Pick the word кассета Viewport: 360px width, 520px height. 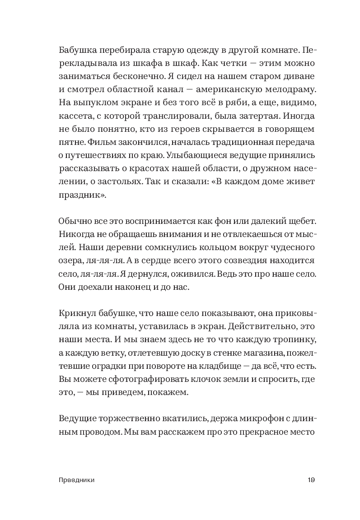pyautogui.click(x=73, y=116)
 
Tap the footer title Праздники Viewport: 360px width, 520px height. pyautogui.click(x=77, y=481)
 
